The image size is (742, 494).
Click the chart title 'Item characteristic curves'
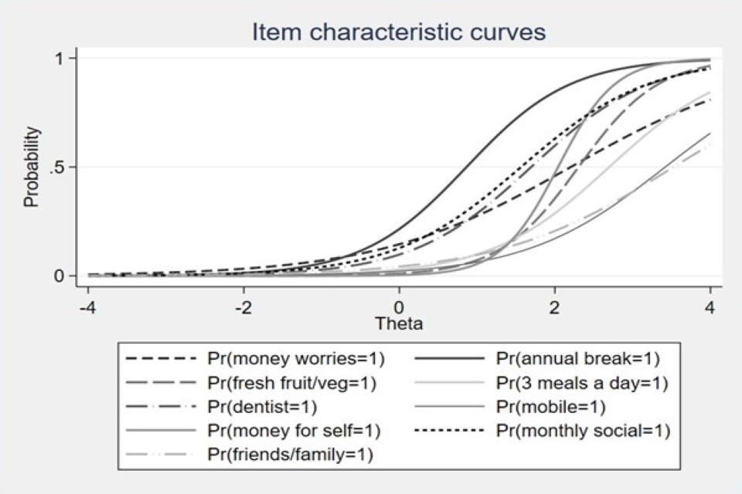(x=400, y=32)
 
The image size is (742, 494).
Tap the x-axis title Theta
(x=399, y=323)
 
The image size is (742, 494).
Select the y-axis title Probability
(x=31, y=167)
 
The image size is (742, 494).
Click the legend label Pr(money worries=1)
(x=296, y=358)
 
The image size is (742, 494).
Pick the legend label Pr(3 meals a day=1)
(x=582, y=382)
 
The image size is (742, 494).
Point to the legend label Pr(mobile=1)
(x=550, y=406)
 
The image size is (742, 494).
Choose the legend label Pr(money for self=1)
(x=295, y=431)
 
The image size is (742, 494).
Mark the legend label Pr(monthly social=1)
(x=582, y=431)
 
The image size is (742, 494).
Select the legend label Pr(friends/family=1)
(x=290, y=455)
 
